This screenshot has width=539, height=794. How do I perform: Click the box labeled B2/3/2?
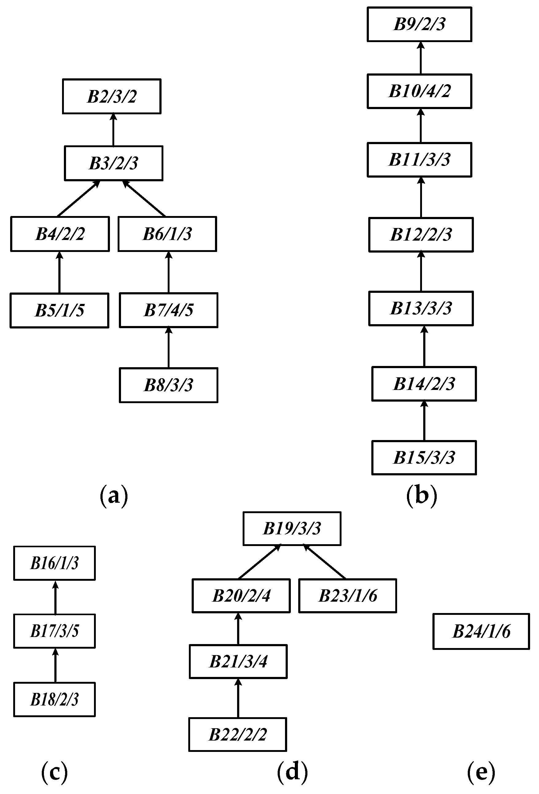point(111,96)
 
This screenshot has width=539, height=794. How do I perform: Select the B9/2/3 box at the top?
point(419,24)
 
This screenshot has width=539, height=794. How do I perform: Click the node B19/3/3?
point(292,528)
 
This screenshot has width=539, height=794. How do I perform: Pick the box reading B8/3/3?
point(168,385)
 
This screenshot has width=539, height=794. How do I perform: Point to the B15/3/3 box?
point(424,458)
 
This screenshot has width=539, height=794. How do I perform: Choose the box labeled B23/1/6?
point(347,595)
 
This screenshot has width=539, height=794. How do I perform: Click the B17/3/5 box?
point(54,631)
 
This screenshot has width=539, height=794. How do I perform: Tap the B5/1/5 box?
point(60,310)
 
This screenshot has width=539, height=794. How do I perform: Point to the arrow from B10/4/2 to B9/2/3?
point(420,58)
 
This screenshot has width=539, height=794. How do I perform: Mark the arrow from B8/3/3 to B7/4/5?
point(168,348)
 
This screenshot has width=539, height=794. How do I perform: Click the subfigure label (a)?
point(114,496)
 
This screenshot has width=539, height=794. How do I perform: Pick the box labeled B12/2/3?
point(421,235)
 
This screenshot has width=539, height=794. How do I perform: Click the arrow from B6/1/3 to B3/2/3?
point(144,198)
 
